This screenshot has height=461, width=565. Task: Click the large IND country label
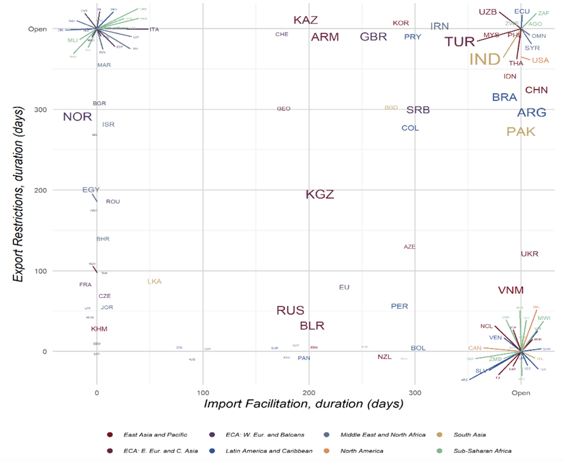coord(485,59)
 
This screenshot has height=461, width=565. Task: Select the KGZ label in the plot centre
coord(320,194)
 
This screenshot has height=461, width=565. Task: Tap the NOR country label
coord(77,116)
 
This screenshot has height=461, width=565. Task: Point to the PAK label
coord(521,132)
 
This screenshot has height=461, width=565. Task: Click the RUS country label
coord(290,311)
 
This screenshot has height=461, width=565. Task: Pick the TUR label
coord(460,42)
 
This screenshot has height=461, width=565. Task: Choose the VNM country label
coord(511,290)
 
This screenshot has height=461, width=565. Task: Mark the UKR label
coord(530,254)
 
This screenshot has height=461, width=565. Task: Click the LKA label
coord(154,282)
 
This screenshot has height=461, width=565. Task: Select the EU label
coord(344,287)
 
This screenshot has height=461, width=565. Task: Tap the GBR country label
coord(373,37)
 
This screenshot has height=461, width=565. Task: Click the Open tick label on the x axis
coord(521,392)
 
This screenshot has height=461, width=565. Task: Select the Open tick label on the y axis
coord(38,29)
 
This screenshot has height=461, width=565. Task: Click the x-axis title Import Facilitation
coord(303,404)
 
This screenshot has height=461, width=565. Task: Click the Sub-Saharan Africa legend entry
coord(482,451)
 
